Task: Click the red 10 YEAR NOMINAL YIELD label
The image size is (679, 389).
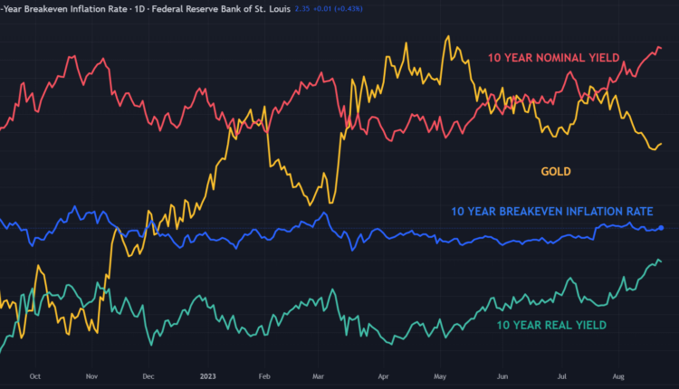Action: click(x=553, y=58)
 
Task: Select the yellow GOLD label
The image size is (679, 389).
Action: click(x=556, y=171)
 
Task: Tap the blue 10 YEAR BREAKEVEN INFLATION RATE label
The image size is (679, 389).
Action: click(x=551, y=212)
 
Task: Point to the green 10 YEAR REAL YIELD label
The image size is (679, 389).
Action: click(x=550, y=325)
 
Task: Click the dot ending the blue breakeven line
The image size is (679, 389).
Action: click(x=661, y=228)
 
